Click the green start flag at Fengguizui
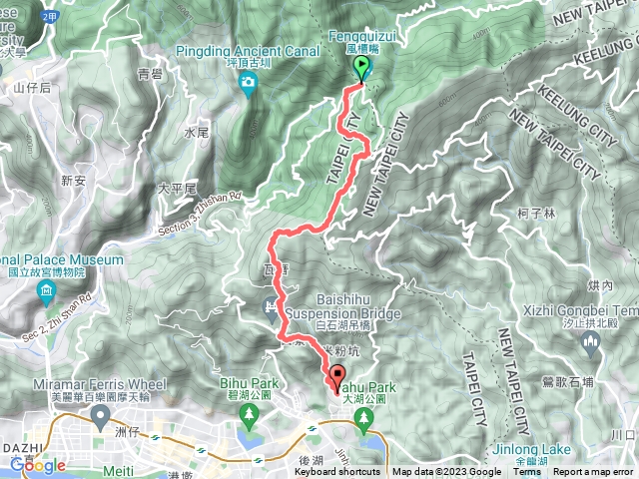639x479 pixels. [x=361, y=68]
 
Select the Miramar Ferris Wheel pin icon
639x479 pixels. [x=101, y=421]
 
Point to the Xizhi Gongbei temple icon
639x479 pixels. [x=590, y=344]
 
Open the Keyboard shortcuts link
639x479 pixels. [x=336, y=472]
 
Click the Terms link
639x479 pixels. [x=526, y=472]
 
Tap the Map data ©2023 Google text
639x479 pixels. [x=446, y=472]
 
